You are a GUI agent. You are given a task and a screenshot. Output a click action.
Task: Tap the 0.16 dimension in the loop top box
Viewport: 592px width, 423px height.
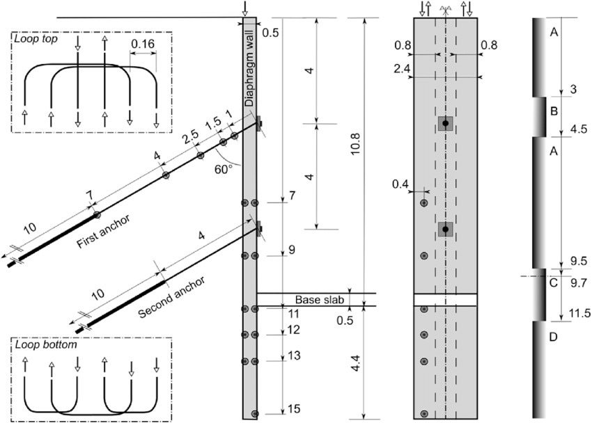143,43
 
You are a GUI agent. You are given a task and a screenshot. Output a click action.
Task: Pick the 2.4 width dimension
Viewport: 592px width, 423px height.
400,69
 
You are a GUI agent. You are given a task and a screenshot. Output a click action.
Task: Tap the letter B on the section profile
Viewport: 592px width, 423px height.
554,111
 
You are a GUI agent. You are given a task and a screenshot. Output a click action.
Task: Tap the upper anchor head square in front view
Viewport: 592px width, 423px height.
445,124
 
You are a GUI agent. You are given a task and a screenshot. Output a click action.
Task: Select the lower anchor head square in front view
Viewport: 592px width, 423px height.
445,230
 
